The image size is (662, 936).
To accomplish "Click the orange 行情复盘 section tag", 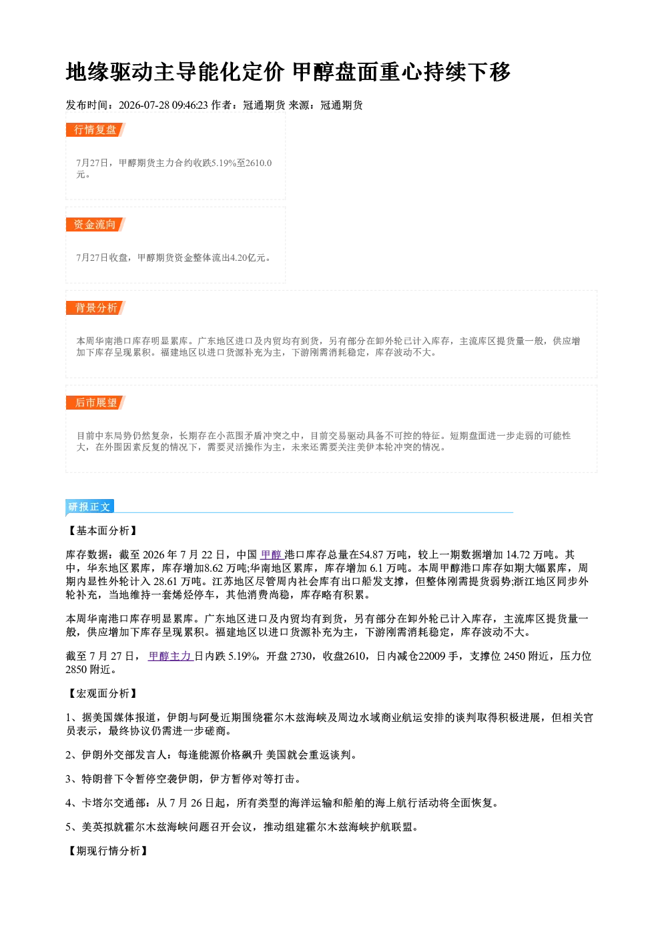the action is pos(95,129).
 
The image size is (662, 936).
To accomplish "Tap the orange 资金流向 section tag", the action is pos(95,224).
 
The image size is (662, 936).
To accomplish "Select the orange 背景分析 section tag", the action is pos(95,308).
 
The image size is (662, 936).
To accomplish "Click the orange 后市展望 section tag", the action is pos(95,403).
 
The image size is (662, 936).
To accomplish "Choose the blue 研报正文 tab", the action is pos(89,507).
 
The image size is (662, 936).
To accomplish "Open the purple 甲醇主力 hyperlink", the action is pos(171,656).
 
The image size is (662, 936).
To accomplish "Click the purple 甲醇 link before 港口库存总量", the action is pos(272,554).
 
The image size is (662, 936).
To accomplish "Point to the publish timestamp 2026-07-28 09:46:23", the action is pos(163,105).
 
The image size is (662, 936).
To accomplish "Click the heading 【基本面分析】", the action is pos(102,530).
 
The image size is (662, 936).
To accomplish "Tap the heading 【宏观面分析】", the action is pos(102,694).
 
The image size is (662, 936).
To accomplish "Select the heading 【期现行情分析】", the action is pos(107,851).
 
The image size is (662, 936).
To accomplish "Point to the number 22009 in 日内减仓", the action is pos(432,656).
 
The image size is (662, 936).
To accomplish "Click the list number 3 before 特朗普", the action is pos(69,779).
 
